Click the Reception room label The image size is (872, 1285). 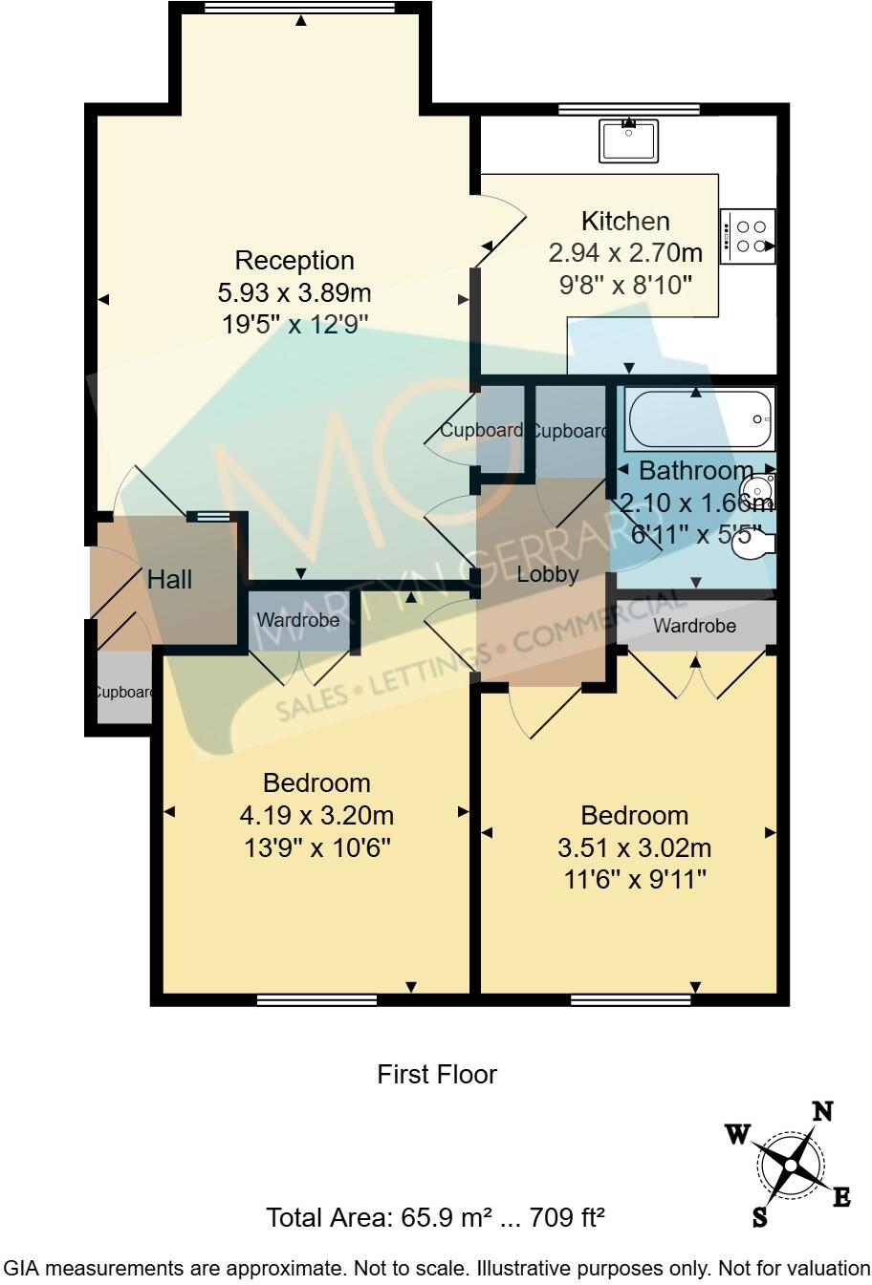pyautogui.click(x=294, y=260)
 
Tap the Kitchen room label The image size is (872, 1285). pyautogui.click(x=625, y=222)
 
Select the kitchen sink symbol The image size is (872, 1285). pyautogui.click(x=629, y=140)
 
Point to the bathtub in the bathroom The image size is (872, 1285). pyautogui.click(x=699, y=420)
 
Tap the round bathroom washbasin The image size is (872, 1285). pyautogui.click(x=758, y=488)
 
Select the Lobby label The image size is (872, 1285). pyautogui.click(x=547, y=574)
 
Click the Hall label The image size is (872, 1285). pyautogui.click(x=169, y=579)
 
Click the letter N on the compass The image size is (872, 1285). pyautogui.click(x=822, y=1111)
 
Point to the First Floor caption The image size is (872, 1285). pyautogui.click(x=437, y=1075)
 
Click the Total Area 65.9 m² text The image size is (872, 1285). pyautogui.click(x=435, y=1218)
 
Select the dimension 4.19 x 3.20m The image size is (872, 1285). pyautogui.click(x=316, y=816)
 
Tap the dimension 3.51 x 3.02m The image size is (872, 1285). pyautogui.click(x=634, y=848)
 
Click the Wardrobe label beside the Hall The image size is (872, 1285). pyautogui.click(x=297, y=621)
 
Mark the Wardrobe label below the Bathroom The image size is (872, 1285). pyautogui.click(x=695, y=626)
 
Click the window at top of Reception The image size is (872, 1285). pyautogui.click(x=300, y=9)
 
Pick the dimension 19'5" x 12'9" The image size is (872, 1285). pyautogui.click(x=294, y=324)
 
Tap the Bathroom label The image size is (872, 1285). pyautogui.click(x=695, y=470)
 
